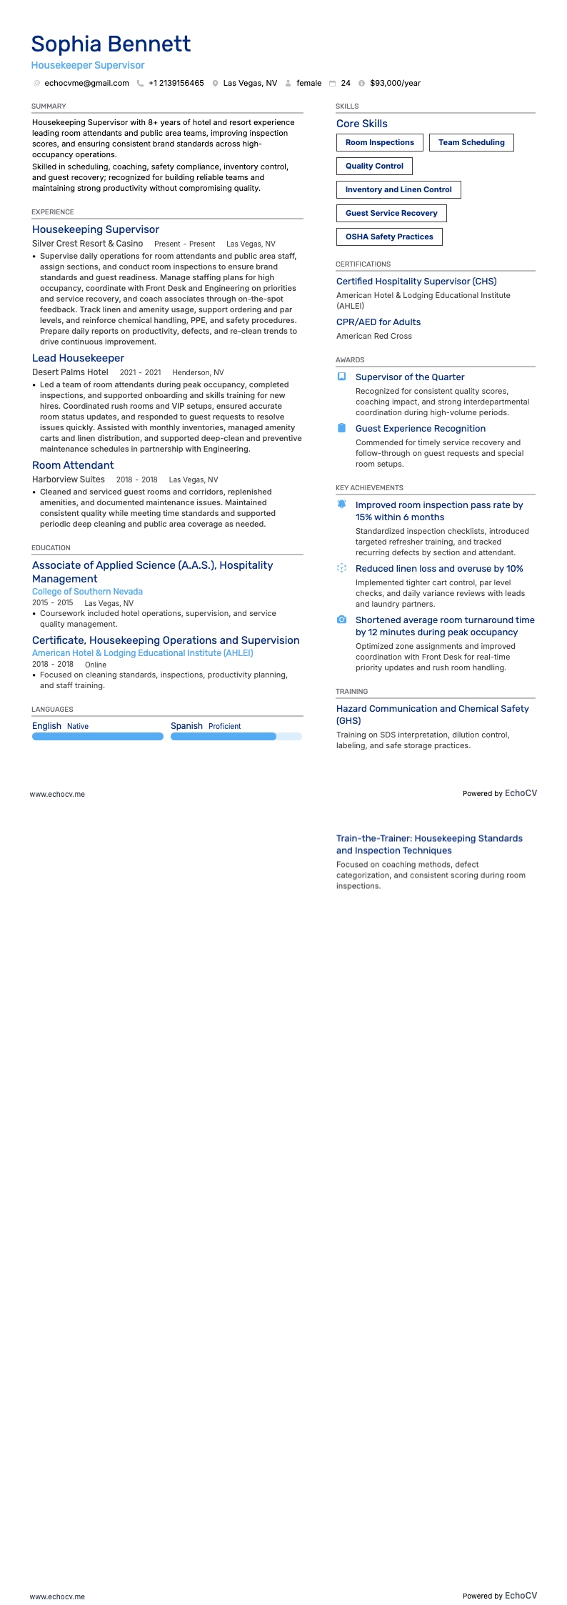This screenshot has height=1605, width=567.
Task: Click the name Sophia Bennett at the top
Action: coord(111,44)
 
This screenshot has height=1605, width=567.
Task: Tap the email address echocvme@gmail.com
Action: coord(86,84)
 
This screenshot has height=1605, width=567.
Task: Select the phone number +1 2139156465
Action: coord(176,84)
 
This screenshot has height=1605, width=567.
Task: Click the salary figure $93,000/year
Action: coord(395,84)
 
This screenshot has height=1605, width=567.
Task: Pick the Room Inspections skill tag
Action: coord(379,143)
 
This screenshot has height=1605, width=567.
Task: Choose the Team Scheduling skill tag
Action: coord(471,143)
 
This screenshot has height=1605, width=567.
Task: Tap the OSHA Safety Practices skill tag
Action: coord(389,237)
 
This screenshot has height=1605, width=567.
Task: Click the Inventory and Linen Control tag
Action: coord(398,190)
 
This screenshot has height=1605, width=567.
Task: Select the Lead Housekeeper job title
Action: coord(78,359)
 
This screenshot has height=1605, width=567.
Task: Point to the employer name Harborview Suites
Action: coord(69,479)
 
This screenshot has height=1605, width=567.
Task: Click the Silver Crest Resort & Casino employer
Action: coord(87,244)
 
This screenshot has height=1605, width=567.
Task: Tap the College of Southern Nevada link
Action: coord(87,592)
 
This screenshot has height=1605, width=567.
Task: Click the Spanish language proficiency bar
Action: coord(236,737)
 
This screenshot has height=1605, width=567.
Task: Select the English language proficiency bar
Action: coord(98,737)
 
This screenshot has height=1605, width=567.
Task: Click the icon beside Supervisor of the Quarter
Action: coord(341,377)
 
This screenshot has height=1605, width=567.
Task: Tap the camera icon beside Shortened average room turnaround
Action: coord(341,620)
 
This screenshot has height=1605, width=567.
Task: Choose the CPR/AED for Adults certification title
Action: coord(378,322)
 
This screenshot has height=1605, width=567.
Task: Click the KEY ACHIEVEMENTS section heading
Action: coord(369,488)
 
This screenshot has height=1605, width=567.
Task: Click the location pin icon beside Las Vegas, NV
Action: coord(215,84)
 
